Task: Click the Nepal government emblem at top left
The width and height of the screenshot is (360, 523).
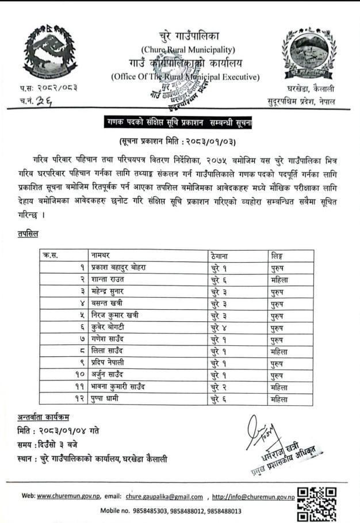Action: (x=48, y=53)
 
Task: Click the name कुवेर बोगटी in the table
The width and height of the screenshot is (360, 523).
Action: (x=110, y=328)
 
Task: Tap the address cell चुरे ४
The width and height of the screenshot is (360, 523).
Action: (x=220, y=328)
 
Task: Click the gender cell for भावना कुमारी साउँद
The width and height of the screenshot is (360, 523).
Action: (x=279, y=387)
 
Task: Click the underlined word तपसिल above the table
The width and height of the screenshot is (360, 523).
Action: (x=29, y=234)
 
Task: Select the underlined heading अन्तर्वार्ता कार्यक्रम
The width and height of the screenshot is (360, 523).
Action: (x=48, y=417)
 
